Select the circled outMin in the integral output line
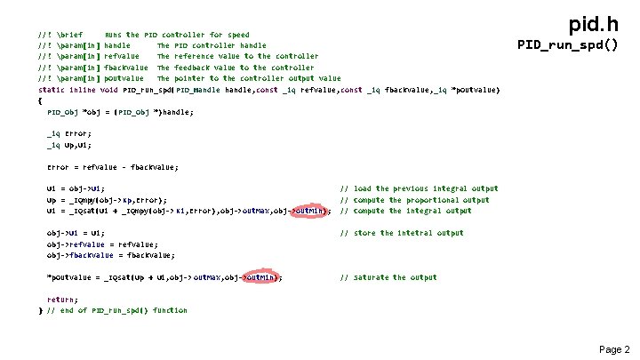pyautogui.click(x=311, y=211)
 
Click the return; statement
pyautogui.click(x=62, y=300)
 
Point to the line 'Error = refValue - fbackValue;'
pyautogui.click(x=112, y=166)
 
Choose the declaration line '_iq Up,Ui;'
pyautogui.click(x=68, y=144)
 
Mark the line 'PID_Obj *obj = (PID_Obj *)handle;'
pyautogui.click(x=119, y=112)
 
